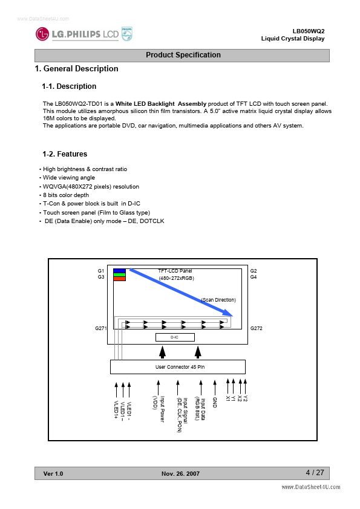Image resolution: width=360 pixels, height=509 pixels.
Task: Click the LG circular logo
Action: coord(42,34)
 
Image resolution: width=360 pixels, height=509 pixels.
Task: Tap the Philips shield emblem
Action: coord(126,34)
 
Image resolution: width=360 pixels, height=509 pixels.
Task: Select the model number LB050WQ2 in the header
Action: coord(309,31)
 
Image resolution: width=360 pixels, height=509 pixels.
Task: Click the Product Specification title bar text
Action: coord(183,55)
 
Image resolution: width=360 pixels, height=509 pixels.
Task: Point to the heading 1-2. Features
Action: coord(65,154)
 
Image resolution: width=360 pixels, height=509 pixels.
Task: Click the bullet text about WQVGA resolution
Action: coord(91,187)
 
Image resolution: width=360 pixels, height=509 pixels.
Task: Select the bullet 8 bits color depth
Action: coord(66,195)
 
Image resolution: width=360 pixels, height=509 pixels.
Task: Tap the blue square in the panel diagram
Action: coord(119,271)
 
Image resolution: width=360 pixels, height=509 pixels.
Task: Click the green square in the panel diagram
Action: coord(119,274)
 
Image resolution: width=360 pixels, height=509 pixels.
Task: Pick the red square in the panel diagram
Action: coord(119,279)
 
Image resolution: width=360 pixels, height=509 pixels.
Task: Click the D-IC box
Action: coord(175,337)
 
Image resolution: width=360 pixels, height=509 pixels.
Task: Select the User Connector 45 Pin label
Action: coord(180,367)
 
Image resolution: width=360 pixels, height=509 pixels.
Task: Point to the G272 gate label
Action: coord(257,328)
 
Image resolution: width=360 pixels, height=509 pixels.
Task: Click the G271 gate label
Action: coord(100,328)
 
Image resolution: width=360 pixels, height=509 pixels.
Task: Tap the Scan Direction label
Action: coord(218,300)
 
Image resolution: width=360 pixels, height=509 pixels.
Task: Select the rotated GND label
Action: coord(214,402)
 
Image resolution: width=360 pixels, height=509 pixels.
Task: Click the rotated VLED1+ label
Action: coord(116,409)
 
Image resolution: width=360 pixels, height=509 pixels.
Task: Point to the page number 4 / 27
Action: coord(315,473)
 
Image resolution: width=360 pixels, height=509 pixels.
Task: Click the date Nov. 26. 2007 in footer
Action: coord(181,473)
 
